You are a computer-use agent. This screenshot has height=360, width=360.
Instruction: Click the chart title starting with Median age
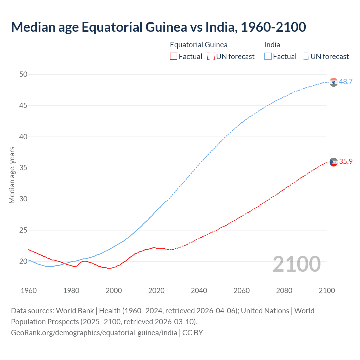[158, 27]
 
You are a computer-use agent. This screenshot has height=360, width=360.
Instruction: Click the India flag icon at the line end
[334, 82]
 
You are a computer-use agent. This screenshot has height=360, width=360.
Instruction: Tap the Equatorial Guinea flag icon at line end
[334, 162]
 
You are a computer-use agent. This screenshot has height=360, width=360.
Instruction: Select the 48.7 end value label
[346, 82]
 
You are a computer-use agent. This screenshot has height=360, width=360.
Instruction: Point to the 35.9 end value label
[346, 162]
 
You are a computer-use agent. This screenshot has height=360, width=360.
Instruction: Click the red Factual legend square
[174, 57]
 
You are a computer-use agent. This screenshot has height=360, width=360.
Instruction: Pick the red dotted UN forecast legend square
[211, 57]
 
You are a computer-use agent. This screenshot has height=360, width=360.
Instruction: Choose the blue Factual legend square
[268, 57]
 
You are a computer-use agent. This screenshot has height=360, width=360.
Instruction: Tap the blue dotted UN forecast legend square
[305, 57]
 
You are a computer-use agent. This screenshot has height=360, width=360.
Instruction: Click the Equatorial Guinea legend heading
[199, 45]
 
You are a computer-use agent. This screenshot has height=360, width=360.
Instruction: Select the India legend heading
[272, 45]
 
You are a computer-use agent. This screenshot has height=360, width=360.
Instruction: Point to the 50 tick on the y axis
[23, 75]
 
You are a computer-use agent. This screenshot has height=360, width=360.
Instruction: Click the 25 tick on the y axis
[23, 230]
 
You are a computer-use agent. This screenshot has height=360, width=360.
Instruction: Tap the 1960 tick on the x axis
[29, 291]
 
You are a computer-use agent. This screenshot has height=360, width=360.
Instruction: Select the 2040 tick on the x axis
[199, 291]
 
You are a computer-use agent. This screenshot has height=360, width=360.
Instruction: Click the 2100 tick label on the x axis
[327, 291]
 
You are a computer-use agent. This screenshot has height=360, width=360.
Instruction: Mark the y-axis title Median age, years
[12, 175]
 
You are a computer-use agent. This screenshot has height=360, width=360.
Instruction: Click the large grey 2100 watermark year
[296, 264]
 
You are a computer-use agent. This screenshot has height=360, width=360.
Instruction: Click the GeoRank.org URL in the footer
[94, 333]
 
